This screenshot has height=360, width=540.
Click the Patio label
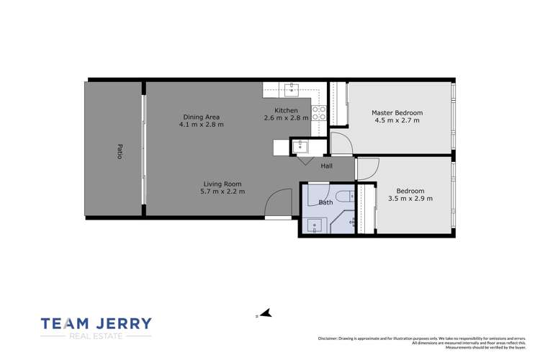click(x=120, y=151)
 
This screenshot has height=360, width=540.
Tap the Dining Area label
click(x=202, y=117)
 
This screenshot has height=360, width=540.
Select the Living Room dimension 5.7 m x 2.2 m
click(x=223, y=192)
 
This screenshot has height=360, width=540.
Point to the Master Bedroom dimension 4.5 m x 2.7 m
click(x=397, y=121)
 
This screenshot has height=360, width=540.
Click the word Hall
click(x=327, y=166)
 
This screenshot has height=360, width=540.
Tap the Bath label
click(x=326, y=202)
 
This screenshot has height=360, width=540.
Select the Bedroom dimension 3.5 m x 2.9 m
click(x=410, y=199)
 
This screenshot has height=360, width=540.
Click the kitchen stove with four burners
click(x=319, y=113)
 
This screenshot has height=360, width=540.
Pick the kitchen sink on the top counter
click(x=292, y=89)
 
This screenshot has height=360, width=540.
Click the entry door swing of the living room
click(x=278, y=204)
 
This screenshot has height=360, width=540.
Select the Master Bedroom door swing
click(x=342, y=143)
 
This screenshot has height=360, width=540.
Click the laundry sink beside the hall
click(x=301, y=147)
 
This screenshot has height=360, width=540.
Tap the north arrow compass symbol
click(x=265, y=313)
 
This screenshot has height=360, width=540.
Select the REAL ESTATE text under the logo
click(x=96, y=336)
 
